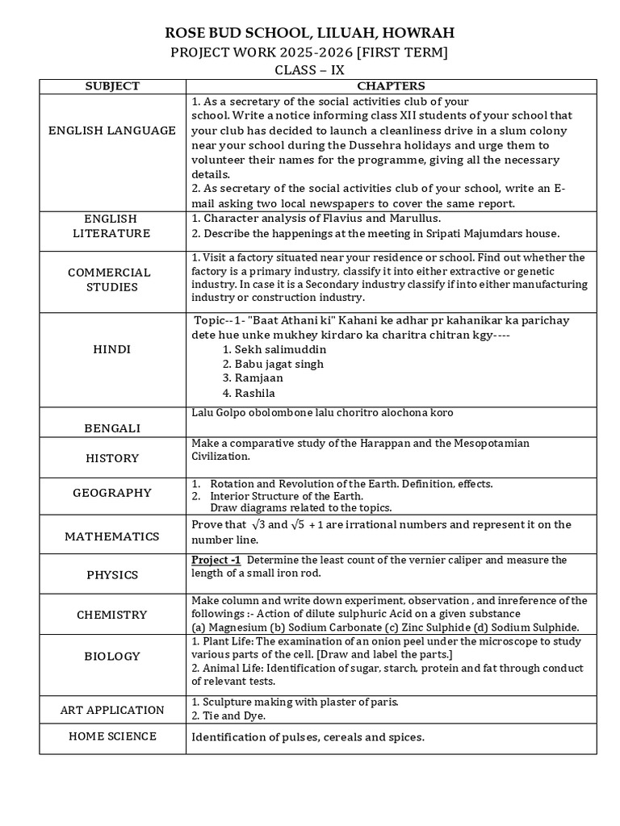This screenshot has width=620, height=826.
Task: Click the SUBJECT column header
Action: click(112, 86)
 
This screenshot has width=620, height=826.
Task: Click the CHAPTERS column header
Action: click(391, 86)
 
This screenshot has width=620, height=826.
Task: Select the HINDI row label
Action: click(112, 349)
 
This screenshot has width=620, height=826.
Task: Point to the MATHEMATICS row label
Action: click(112, 536)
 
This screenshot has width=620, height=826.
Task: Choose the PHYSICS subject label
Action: click(112, 575)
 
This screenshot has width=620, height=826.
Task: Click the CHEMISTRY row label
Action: click(112, 615)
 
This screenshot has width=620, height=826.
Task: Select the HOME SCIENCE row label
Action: click(112, 736)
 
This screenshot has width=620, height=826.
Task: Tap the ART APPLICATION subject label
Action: click(112, 710)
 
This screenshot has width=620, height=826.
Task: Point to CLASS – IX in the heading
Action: click(310, 69)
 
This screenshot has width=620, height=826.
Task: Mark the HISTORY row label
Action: click(112, 458)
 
